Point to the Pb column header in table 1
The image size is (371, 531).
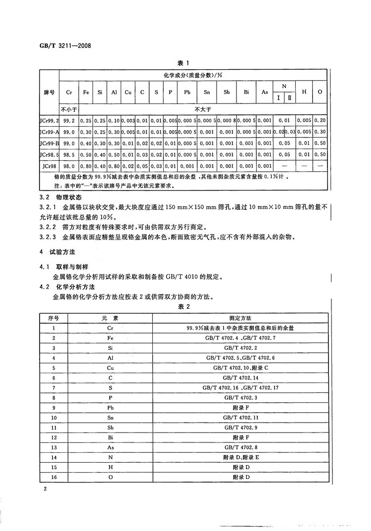tap(187, 92)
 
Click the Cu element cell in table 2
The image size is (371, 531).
tap(110, 367)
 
